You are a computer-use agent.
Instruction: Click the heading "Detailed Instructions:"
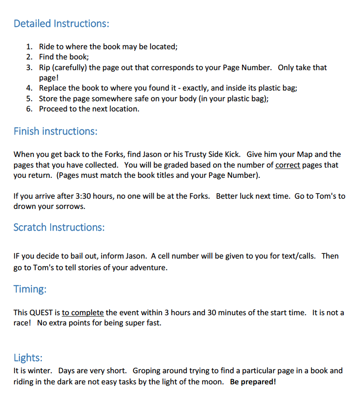tap(61, 23)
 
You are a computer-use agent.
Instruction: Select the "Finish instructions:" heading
tap(55, 131)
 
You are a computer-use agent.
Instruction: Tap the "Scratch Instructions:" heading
tap(59, 227)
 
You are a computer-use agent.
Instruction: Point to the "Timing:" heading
tap(30, 289)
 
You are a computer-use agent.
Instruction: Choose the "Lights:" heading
tap(28, 357)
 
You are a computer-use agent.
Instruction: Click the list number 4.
tap(29, 88)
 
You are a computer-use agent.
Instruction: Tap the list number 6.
tap(29, 109)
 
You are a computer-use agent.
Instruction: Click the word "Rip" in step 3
tap(45, 68)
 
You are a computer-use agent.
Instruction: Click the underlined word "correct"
tap(288, 165)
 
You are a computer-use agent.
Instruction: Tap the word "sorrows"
tap(72, 207)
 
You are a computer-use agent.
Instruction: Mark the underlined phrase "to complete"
tap(83, 312)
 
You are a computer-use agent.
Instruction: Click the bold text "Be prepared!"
tap(253, 382)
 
